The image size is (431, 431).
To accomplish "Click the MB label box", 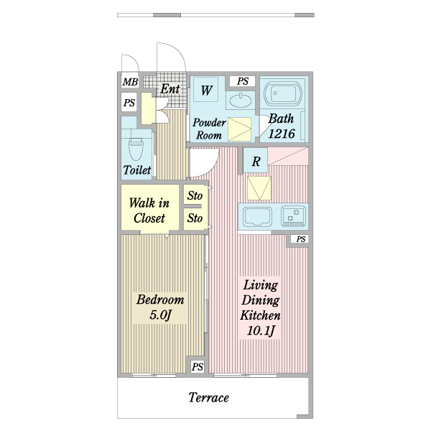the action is tap(129, 83).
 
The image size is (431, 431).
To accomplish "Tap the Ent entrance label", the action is tap(170, 90).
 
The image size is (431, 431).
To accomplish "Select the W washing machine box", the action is tap(207, 91).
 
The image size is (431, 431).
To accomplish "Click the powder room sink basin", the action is tap(243, 99).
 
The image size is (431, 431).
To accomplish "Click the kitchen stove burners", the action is tap(293, 214).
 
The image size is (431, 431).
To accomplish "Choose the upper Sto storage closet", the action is tap(195, 195).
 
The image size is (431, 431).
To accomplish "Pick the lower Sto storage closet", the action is tap(195, 218).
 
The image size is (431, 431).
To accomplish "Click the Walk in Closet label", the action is tap(149, 210).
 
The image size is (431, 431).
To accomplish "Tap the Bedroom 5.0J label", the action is tap(160, 307).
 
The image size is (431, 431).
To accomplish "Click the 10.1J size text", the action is tap(259, 331).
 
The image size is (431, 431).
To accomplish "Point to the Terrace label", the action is tap(209, 397).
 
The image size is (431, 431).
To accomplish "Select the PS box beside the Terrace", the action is tap(198, 367).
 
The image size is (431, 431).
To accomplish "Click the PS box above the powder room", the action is tap(243, 81).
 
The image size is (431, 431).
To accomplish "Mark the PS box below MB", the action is tap(129, 103).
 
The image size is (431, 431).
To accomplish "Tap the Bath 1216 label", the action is tap(282, 127).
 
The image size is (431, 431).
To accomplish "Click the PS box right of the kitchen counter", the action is tap(300, 239).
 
